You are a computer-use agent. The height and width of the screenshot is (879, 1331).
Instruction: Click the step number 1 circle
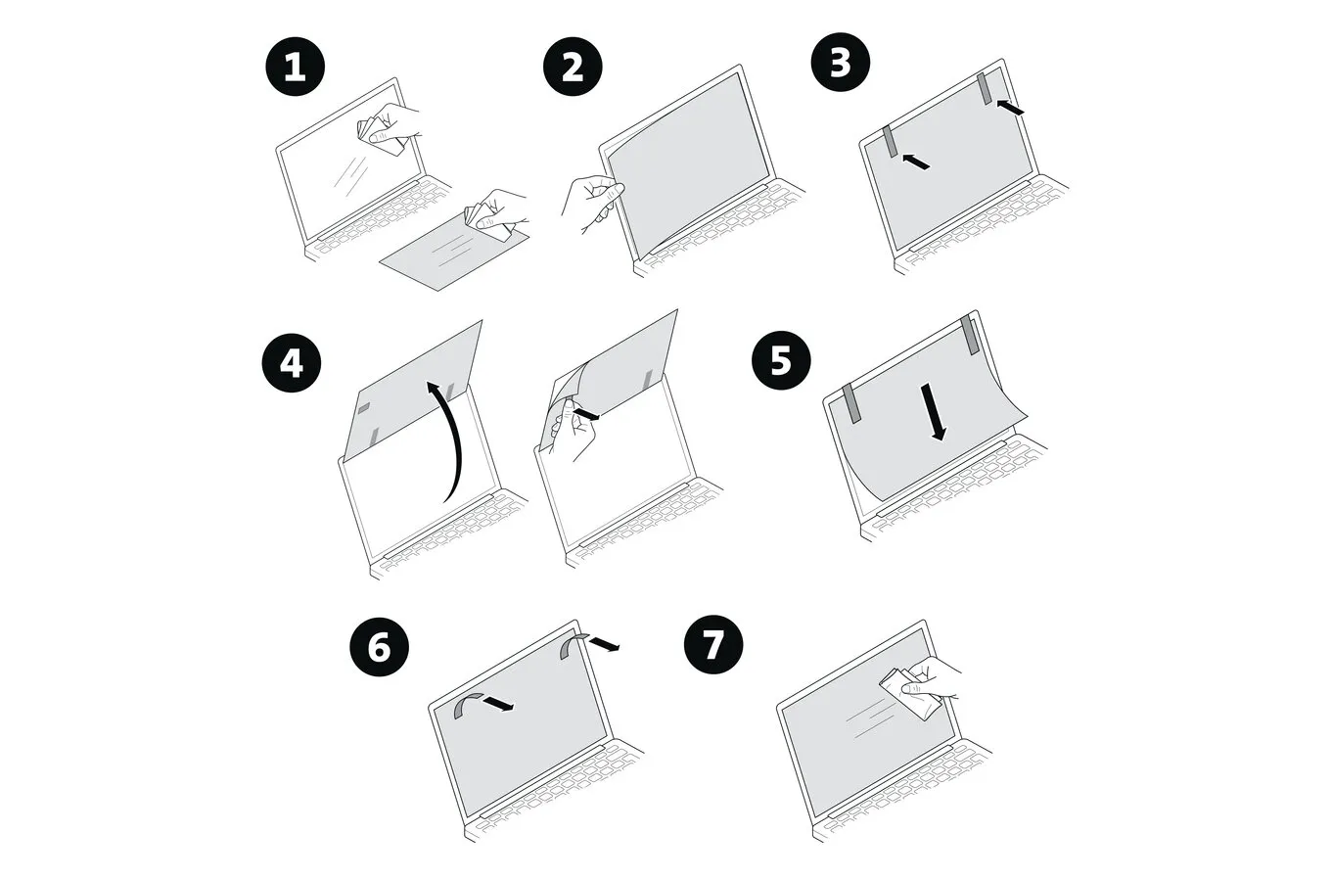(295, 68)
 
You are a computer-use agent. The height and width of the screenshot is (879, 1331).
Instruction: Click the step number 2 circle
(573, 68)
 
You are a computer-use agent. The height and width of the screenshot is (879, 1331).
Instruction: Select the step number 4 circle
(291, 363)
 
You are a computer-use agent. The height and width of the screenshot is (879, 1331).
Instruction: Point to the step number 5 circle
(781, 360)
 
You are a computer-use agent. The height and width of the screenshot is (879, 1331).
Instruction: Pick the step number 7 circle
(713, 644)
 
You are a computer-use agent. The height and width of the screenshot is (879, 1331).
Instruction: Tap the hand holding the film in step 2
(589, 200)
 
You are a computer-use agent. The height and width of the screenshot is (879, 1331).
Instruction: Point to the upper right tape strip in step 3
(985, 88)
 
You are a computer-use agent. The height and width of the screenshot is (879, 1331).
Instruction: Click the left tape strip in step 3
(890, 142)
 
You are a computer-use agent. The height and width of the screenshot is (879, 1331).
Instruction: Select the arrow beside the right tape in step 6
(604, 643)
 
